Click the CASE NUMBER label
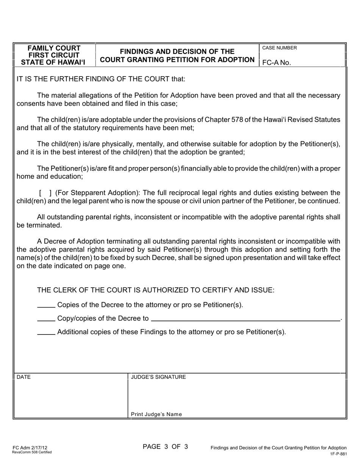280,48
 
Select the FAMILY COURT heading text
54,48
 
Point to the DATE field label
23,377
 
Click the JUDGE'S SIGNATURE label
158,377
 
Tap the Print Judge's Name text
156,414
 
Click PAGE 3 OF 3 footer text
165,447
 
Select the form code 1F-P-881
338,453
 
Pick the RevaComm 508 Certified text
32,452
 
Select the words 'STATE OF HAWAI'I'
53,63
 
